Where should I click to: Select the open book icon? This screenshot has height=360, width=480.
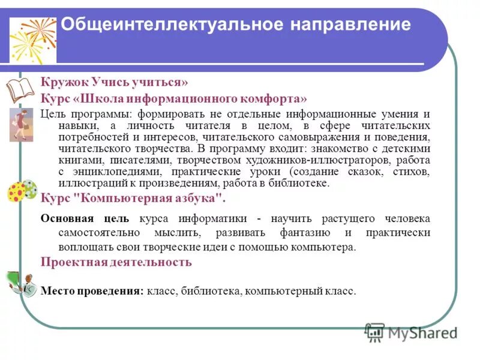(x=21, y=89)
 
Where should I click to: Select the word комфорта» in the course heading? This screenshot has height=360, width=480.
(x=278, y=98)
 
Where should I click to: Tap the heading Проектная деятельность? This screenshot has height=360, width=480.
(x=116, y=262)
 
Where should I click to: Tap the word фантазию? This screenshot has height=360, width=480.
(x=304, y=232)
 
